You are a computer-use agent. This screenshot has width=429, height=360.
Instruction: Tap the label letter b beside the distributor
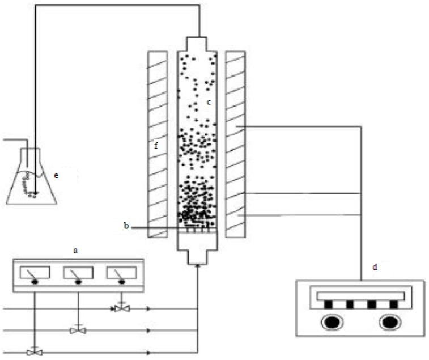[126, 226]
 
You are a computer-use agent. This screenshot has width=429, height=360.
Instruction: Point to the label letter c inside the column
[209, 102]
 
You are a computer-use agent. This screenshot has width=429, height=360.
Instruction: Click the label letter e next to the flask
[56, 175]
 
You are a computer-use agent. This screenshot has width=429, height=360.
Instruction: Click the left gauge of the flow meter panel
[35, 275]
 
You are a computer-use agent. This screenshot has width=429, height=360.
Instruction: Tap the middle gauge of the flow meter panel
[78, 275]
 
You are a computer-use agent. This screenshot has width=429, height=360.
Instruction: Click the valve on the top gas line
[121, 308]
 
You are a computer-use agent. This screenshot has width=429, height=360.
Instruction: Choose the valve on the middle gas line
[78, 330]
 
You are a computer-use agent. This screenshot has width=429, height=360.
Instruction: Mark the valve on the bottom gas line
[35, 352]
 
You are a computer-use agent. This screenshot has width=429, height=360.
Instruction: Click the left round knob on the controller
[329, 323]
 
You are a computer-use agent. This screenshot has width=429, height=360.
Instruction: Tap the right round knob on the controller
[390, 323]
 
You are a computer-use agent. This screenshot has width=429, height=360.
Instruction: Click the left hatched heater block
[157, 144]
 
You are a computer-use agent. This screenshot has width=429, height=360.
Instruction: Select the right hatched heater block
[235, 144]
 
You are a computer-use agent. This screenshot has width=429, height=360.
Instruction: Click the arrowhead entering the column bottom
[198, 267]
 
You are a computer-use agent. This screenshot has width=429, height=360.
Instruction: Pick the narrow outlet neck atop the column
[198, 44]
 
